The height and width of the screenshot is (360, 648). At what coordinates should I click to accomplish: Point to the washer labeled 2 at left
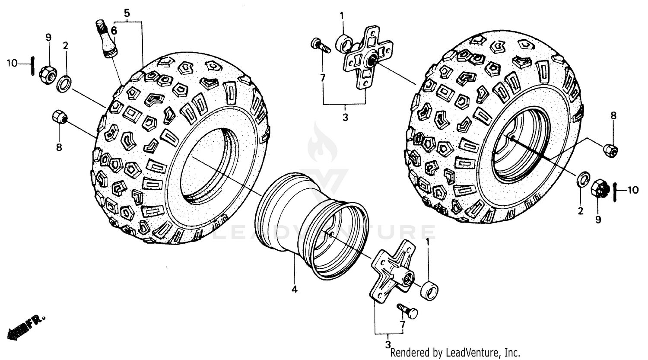click(x=64, y=83)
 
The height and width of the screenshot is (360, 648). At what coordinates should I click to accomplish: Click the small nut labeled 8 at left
click(x=59, y=117)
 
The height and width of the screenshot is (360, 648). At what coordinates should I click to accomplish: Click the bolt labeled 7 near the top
click(x=320, y=45)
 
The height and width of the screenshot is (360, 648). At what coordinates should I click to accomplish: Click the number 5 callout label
click(x=127, y=13)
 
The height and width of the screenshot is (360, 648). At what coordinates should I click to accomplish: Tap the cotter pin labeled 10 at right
click(x=615, y=189)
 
